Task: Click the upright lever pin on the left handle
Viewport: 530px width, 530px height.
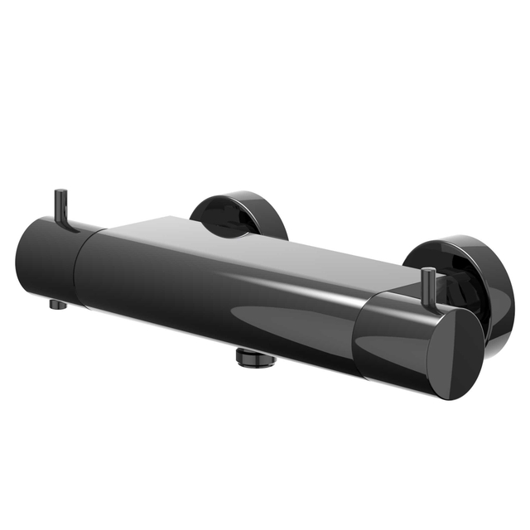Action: [x=61, y=207]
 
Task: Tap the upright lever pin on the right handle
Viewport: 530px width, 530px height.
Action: [x=429, y=287]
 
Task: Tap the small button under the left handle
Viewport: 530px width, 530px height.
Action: [x=57, y=304]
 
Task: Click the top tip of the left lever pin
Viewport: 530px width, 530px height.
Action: [x=60, y=193]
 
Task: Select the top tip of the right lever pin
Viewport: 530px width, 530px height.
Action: [x=429, y=272]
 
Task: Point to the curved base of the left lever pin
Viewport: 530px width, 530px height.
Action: [x=68, y=226]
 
